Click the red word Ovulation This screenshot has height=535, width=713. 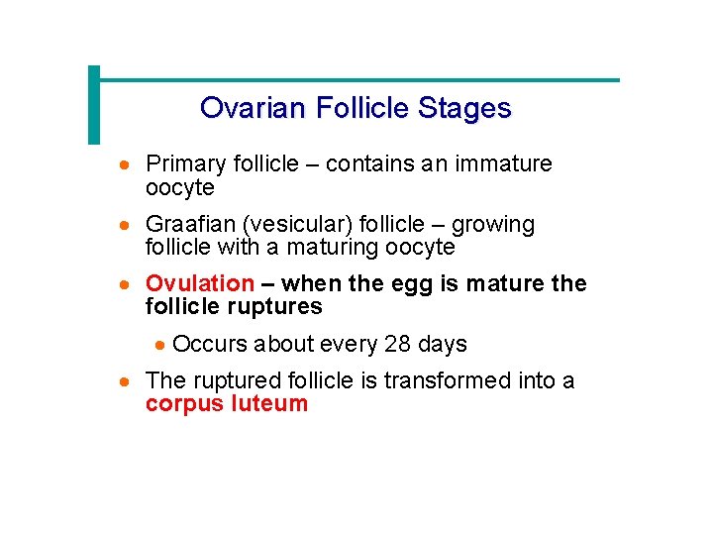200,284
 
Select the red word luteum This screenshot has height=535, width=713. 269,403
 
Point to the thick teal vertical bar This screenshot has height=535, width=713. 94,105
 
